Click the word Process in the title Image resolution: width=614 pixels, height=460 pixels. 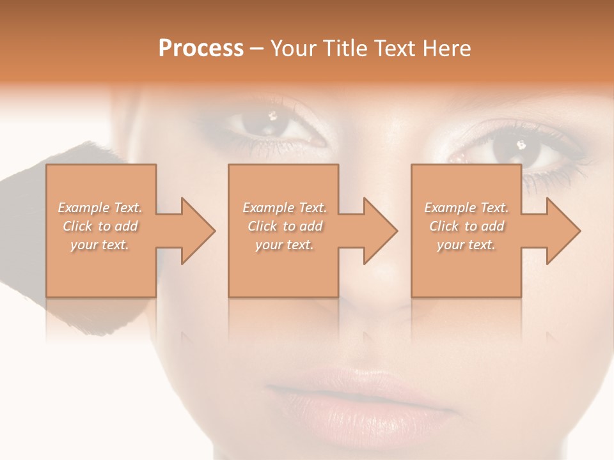pyautogui.click(x=201, y=49)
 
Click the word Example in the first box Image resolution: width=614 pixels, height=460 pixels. pyautogui.click(x=84, y=208)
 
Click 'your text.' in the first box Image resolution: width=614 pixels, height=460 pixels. pyautogui.click(x=99, y=244)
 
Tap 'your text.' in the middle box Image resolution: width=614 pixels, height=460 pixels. pyautogui.click(x=284, y=244)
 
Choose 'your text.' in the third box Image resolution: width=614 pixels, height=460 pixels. pyautogui.click(x=466, y=244)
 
